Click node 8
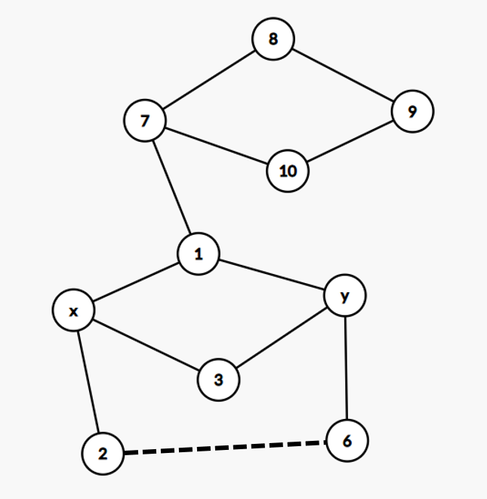273,39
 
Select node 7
146,120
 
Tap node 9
412,112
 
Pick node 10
288,171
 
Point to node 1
199,254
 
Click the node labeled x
73,310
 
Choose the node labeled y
345,296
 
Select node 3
219,380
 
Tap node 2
103,454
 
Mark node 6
347,440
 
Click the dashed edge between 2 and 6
225,447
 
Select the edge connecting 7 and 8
210,79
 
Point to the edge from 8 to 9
343,75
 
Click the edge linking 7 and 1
172,187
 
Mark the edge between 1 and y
272,275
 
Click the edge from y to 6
346,368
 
